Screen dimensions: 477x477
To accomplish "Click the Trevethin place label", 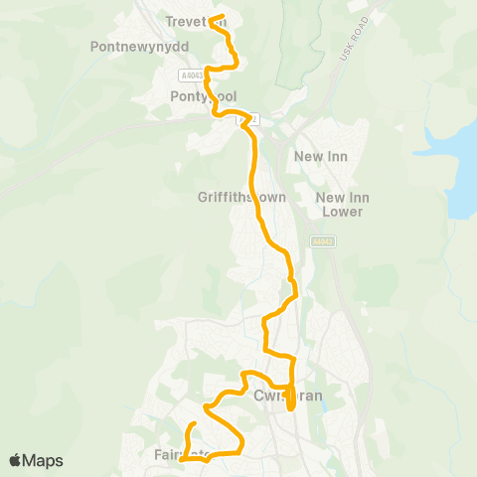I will tap(196, 20).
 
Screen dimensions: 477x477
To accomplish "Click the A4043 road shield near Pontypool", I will tap(192, 75).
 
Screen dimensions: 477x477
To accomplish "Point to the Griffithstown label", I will tap(241, 197).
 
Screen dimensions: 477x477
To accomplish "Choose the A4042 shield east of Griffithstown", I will tap(322, 241).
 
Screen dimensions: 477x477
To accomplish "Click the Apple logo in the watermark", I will tap(16, 460).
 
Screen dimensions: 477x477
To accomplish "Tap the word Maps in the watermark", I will tap(43, 460).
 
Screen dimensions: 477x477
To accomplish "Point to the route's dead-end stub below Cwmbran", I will tap(290, 406).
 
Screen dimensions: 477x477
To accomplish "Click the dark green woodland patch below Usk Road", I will tap(298, 60).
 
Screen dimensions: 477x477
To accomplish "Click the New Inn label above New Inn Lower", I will tap(319, 157).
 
